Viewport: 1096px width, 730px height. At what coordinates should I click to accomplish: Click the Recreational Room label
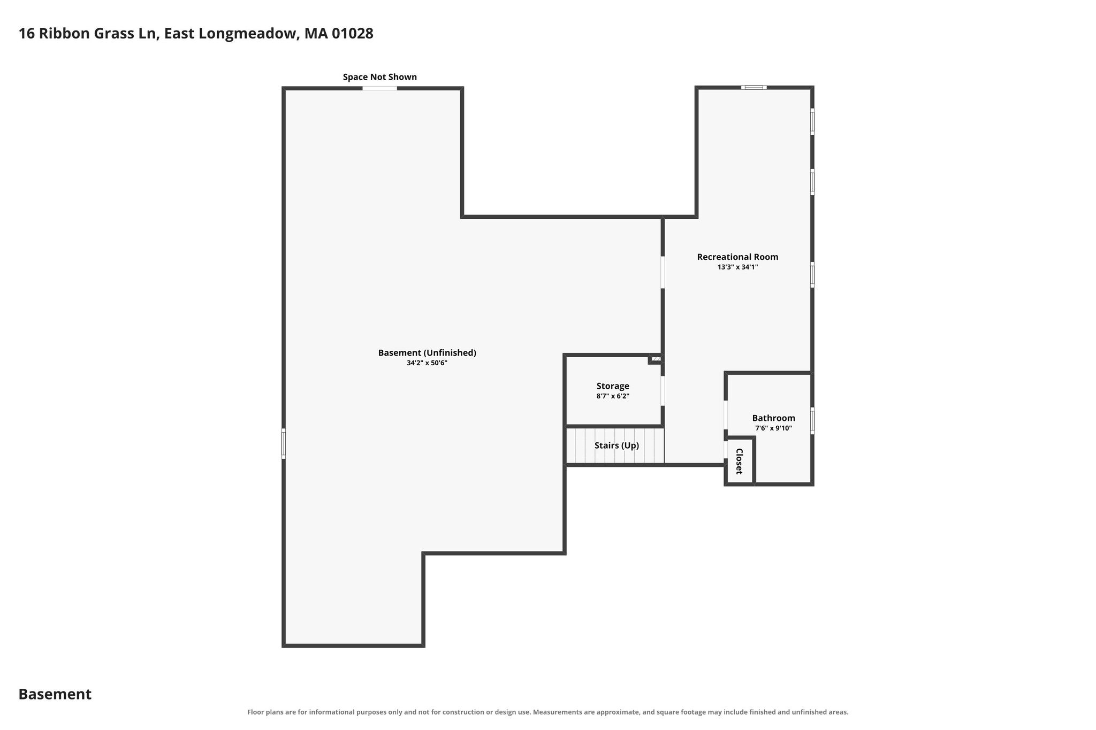pyautogui.click(x=737, y=257)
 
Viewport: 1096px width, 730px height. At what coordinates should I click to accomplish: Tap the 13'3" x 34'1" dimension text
pyautogui.click(x=737, y=267)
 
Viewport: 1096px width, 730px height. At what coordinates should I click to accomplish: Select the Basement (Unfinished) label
pyautogui.click(x=427, y=353)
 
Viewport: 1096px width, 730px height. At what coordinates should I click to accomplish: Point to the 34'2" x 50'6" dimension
pyautogui.click(x=427, y=363)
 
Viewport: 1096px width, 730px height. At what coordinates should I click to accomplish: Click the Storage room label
pyautogui.click(x=613, y=386)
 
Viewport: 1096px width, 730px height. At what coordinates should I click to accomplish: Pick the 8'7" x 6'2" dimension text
pyautogui.click(x=613, y=396)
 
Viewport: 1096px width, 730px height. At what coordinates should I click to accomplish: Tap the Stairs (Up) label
pyautogui.click(x=616, y=445)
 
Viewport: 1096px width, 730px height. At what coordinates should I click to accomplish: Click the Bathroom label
pyautogui.click(x=773, y=418)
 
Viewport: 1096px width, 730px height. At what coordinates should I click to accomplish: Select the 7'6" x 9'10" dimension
pyautogui.click(x=773, y=428)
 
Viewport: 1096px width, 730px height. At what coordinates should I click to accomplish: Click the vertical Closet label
pyautogui.click(x=739, y=461)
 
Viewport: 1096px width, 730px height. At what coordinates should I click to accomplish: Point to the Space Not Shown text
pyautogui.click(x=380, y=77)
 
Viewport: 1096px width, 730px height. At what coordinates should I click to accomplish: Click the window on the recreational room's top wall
pyautogui.click(x=754, y=87)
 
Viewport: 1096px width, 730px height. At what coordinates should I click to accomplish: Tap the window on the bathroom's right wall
pyautogui.click(x=812, y=420)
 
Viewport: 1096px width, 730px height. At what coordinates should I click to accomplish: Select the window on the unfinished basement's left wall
pyautogui.click(x=284, y=443)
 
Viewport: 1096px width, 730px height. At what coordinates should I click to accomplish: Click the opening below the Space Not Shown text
pyautogui.click(x=380, y=88)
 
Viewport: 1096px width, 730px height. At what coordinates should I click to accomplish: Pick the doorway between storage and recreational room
pyautogui.click(x=663, y=391)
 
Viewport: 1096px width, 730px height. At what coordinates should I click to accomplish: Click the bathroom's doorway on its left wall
pyautogui.click(x=726, y=415)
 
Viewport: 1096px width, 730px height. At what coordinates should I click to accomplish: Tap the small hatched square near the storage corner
pyautogui.click(x=656, y=359)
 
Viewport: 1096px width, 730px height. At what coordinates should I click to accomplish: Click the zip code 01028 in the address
pyautogui.click(x=353, y=34)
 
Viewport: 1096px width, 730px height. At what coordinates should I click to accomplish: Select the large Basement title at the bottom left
pyautogui.click(x=55, y=694)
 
